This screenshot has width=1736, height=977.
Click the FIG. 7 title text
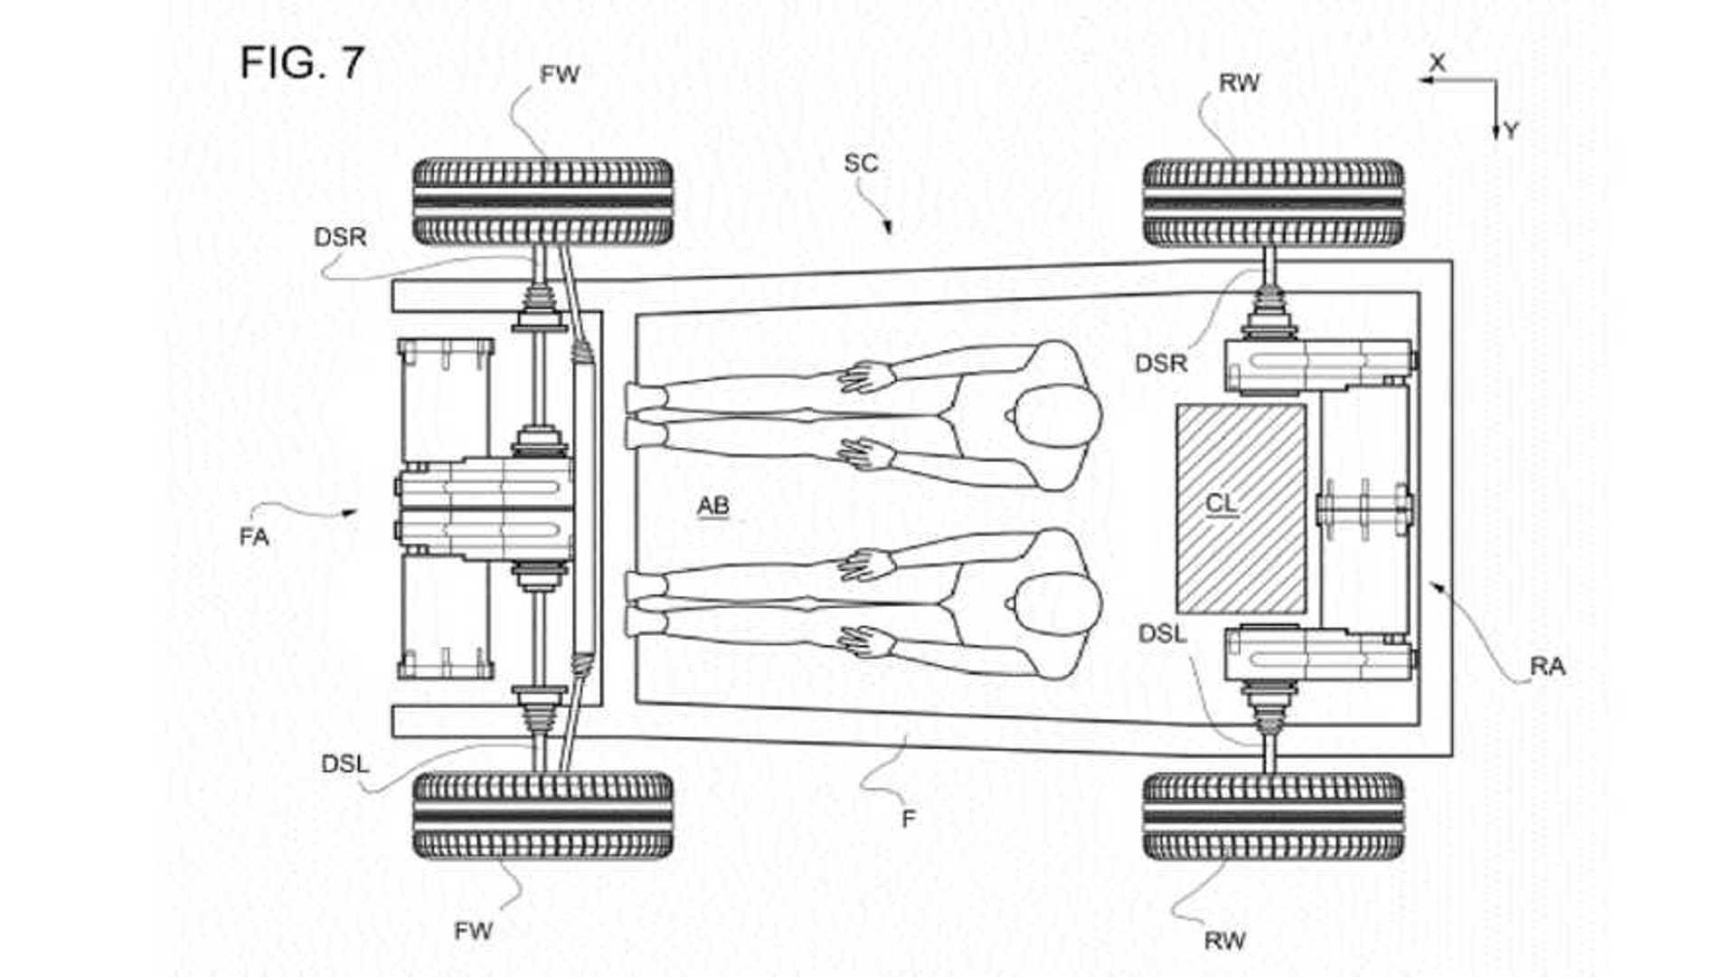(x=302, y=63)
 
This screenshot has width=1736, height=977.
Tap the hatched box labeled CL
(x=1241, y=508)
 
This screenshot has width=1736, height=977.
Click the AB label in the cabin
(x=712, y=506)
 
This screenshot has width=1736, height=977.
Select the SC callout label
(x=861, y=164)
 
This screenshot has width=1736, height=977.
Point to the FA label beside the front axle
(x=254, y=537)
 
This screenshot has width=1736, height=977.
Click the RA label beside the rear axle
(x=1547, y=667)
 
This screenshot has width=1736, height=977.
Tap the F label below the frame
(x=909, y=819)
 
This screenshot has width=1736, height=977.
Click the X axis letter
(x=1437, y=63)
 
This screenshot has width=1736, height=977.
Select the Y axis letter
(x=1510, y=132)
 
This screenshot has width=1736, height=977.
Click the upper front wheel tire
(x=542, y=202)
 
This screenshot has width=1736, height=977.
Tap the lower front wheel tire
(x=542, y=815)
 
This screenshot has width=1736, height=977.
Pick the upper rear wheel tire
(x=1273, y=203)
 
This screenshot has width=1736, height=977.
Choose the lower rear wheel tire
(x=1273, y=815)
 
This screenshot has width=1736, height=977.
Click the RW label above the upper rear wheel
(x=1239, y=83)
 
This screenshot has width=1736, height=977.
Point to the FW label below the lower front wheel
(x=473, y=931)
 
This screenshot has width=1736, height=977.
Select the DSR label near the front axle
(x=340, y=237)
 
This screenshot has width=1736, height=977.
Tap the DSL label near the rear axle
(x=1162, y=634)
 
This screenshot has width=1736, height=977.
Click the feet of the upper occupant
(x=644, y=415)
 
